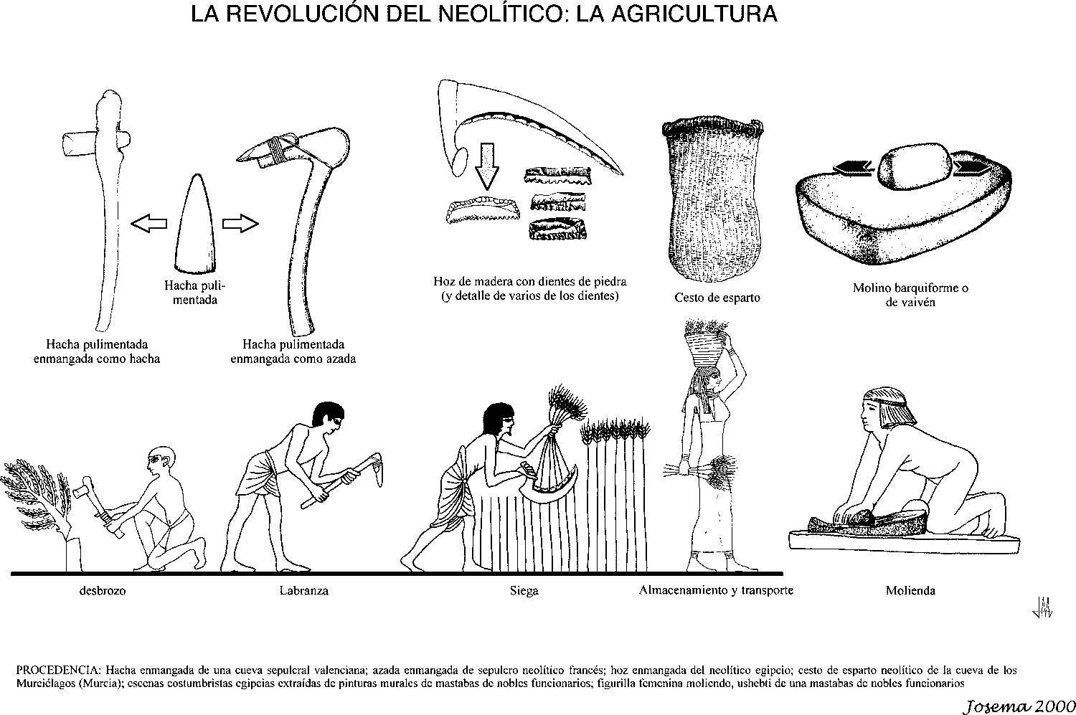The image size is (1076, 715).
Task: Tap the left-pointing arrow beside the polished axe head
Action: (x=148, y=224)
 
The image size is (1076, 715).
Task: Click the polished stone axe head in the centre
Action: (x=195, y=226)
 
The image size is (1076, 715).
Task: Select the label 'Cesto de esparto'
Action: (x=717, y=297)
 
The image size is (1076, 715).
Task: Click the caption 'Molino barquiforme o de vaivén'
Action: (x=910, y=295)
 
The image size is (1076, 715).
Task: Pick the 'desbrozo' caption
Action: (x=102, y=592)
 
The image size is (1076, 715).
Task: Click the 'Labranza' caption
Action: (x=304, y=591)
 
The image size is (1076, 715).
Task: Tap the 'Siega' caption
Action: (x=524, y=591)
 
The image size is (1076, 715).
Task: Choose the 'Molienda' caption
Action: (x=910, y=591)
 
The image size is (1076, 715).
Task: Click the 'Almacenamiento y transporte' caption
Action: (x=716, y=591)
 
